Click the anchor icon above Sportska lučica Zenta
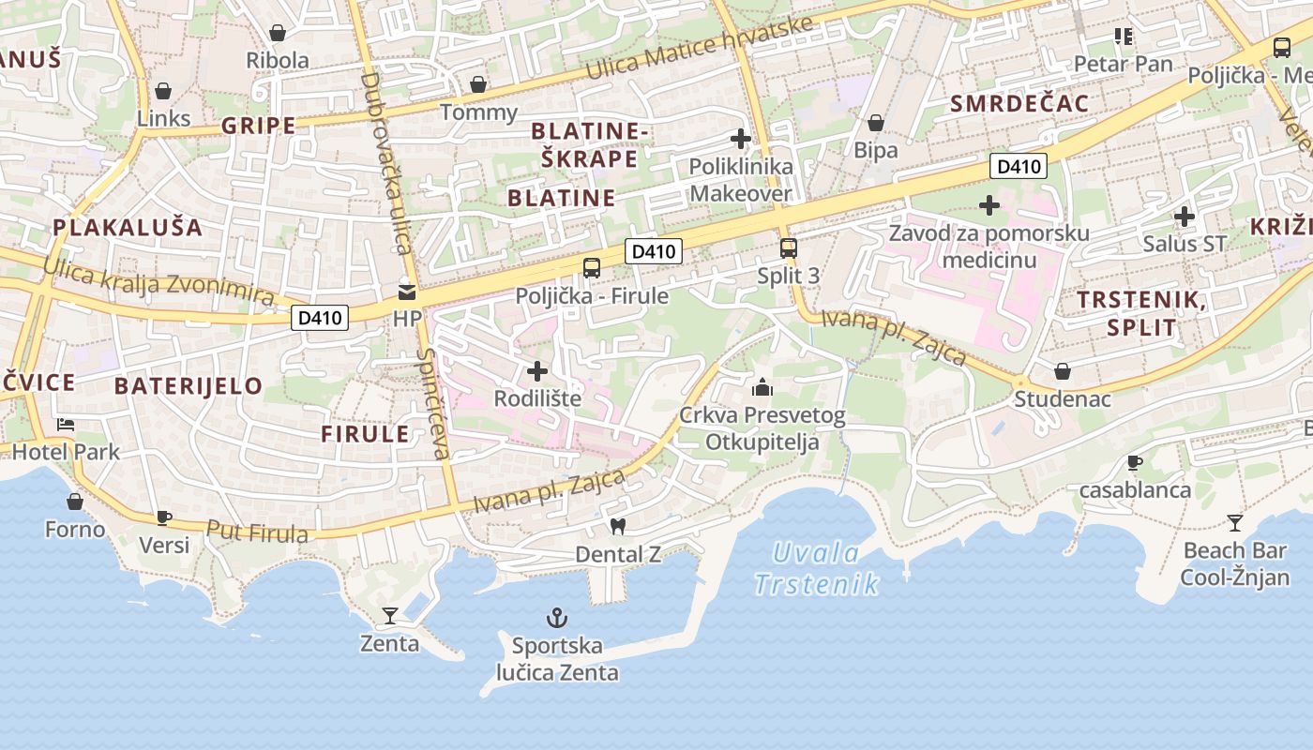(558, 618)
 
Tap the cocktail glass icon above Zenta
(390, 616)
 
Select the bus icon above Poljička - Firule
(592, 268)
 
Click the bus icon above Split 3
(789, 248)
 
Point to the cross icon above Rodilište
(537, 370)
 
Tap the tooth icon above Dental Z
(617, 526)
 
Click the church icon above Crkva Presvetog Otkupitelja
(762, 386)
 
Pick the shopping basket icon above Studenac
(1063, 372)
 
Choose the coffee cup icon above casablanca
(1135, 462)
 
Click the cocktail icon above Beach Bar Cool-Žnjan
(1235, 522)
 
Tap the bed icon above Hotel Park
(66, 425)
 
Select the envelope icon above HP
(407, 292)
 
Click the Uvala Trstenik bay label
(817, 568)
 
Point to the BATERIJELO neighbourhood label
(189, 385)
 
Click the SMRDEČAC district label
(1019, 103)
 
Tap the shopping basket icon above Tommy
(478, 85)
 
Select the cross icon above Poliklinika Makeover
(741, 139)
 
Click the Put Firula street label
(257, 532)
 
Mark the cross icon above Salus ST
(1185, 217)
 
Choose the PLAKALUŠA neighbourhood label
(128, 227)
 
